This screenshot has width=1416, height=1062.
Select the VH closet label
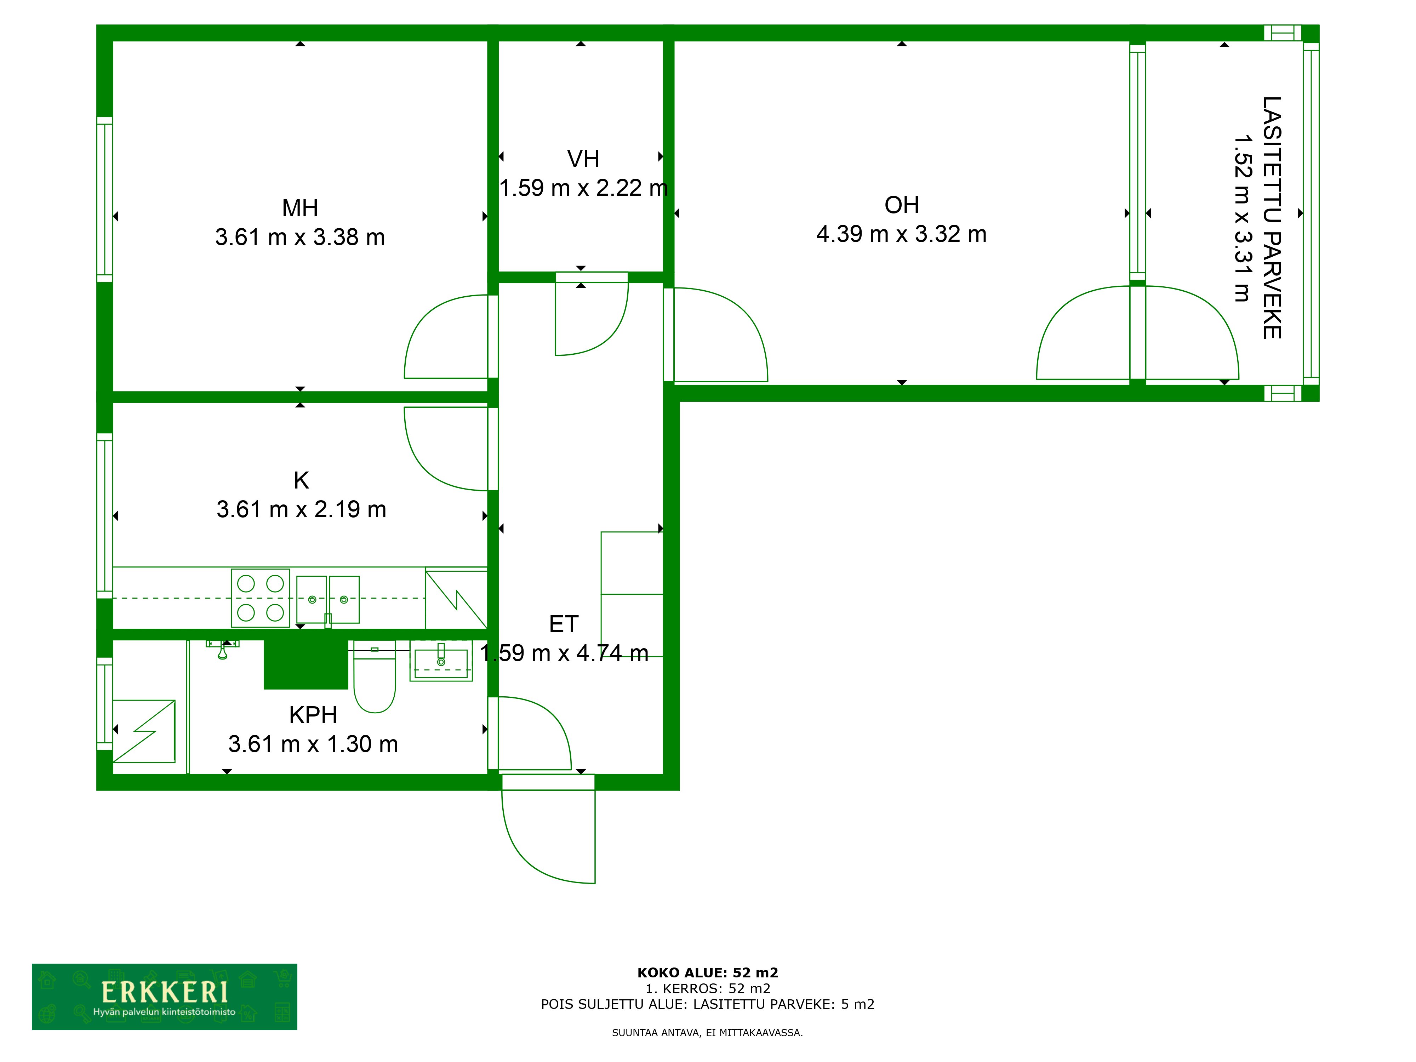pos(583,159)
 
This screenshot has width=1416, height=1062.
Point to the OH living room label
pos(901,205)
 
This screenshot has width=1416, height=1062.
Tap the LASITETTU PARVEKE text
pos(1272,218)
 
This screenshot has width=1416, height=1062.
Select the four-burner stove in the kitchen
pos(261,598)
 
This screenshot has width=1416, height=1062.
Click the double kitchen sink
pos(328,600)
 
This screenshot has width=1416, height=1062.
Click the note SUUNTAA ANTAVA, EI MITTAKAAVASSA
pos(707,1033)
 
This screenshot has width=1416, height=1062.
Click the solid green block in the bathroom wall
pos(306,664)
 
